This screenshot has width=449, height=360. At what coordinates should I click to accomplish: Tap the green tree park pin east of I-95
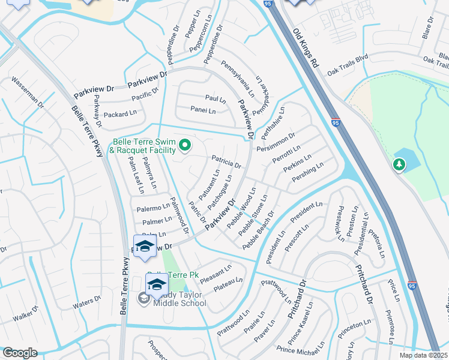click(x=399, y=164)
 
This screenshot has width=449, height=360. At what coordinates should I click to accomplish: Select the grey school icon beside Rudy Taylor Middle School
click(x=144, y=298)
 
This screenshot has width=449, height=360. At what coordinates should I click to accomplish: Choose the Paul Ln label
click(x=215, y=98)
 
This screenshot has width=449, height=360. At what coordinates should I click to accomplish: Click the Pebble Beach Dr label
click(x=258, y=230)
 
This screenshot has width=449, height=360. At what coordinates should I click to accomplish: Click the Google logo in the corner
click(x=20, y=353)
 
